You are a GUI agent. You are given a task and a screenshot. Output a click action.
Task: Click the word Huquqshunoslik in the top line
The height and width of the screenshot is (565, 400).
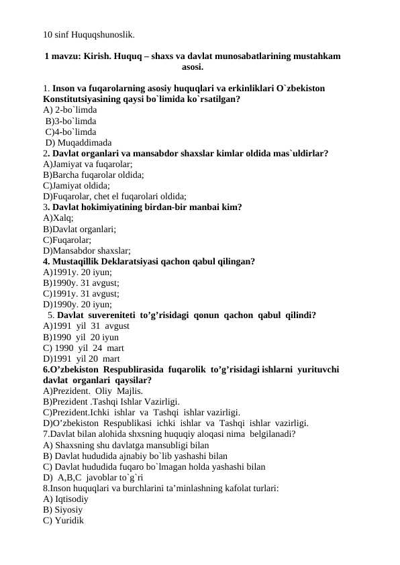pos(103,33)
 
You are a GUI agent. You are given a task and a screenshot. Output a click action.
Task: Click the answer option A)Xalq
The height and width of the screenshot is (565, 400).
pos(58,217)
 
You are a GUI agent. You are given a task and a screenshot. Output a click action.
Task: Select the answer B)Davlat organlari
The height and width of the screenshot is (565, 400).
pos(79,228)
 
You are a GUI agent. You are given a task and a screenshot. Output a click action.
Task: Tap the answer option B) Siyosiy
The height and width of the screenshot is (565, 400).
pos(62,509)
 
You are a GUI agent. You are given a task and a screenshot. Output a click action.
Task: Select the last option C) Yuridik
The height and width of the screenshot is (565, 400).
pos(63,520)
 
